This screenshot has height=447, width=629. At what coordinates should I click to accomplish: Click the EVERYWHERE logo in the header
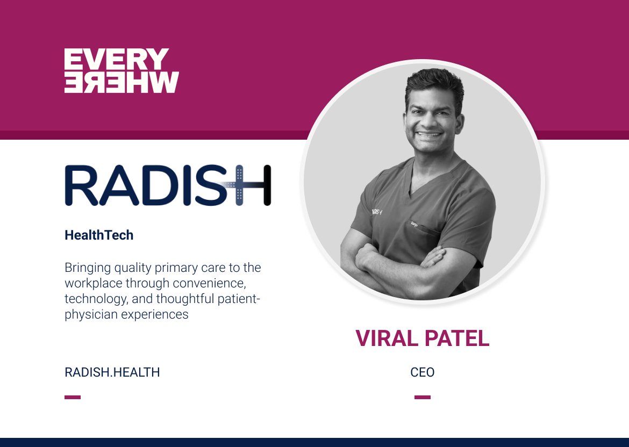tap(121, 70)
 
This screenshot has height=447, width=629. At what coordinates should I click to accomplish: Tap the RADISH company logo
tap(167, 185)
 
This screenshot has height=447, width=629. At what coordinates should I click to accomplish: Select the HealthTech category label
tap(99, 235)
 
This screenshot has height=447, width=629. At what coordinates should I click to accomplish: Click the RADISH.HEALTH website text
tap(112, 372)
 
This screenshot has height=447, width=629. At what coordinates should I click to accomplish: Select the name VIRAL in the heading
tap(384, 338)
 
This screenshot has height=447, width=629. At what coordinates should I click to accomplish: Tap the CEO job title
tap(422, 372)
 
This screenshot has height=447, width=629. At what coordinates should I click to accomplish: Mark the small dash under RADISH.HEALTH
tap(73, 398)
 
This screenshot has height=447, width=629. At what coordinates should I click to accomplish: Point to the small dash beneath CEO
tap(422, 398)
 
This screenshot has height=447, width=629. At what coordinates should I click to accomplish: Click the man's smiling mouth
tap(428, 135)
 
